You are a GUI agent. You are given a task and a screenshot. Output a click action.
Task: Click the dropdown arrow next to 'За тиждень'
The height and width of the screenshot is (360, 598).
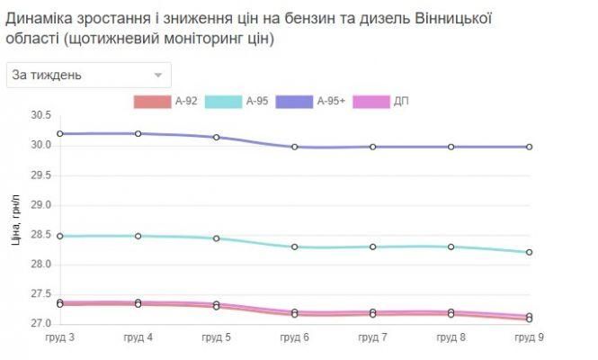pos(158,76)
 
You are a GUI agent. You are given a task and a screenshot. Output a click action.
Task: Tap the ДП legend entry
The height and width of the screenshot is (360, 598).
pos(385,102)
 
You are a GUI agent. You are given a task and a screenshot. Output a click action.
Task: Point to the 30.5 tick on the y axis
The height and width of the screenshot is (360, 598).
pos(41,115)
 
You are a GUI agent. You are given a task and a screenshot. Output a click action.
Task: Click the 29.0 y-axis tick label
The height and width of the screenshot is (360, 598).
pos(41,205)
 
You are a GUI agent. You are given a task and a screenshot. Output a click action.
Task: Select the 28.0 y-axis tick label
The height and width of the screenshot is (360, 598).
pos(41,265)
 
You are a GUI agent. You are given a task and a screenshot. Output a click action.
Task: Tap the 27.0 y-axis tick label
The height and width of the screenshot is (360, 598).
pos(41,324)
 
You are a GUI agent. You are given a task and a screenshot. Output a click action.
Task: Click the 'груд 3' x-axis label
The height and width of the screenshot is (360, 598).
pos(60,337)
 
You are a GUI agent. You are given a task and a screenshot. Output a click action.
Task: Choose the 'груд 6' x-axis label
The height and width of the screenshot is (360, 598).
pos(295,337)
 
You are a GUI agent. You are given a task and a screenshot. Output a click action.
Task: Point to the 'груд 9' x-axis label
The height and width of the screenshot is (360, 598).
pos(529,337)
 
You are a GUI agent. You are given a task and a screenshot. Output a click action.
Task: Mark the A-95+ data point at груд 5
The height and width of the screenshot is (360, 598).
pos(217,138)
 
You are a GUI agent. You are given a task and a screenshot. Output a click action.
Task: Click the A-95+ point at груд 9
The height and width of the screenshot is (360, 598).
pos(530,147)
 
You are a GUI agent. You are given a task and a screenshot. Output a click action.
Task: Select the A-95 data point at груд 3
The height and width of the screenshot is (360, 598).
pos(60,237)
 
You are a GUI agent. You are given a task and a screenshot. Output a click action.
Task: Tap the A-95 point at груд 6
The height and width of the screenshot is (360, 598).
pos(295,247)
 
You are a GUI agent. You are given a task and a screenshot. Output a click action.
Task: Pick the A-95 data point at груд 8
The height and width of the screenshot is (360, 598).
pos(451,247)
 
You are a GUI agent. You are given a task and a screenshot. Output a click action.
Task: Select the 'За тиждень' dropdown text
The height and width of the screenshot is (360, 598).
pos(47,76)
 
